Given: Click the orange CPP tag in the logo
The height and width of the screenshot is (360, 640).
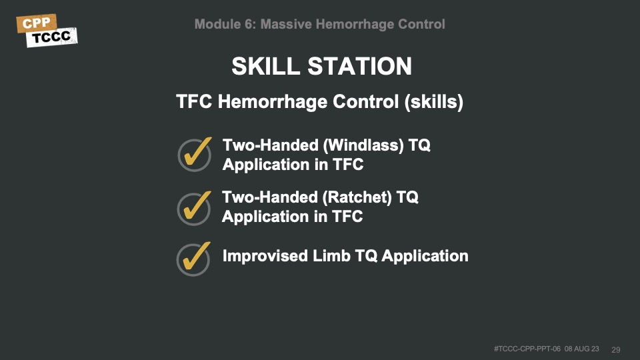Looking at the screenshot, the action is click(x=36, y=23).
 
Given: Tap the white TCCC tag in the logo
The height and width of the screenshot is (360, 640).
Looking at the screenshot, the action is click(x=52, y=37).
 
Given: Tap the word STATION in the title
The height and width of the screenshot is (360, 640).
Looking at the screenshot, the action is click(x=359, y=66).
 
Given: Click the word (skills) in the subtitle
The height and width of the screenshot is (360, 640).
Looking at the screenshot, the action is click(x=434, y=102).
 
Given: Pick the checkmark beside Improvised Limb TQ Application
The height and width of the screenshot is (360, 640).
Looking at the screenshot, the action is click(x=194, y=259).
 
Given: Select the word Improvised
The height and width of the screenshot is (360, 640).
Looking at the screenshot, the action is click(x=265, y=256).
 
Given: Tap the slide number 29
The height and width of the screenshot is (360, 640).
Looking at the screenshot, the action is click(x=616, y=350).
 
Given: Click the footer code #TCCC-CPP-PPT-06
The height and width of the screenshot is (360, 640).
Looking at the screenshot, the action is click(x=527, y=349).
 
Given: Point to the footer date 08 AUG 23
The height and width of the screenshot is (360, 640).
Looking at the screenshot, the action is click(x=581, y=349).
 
